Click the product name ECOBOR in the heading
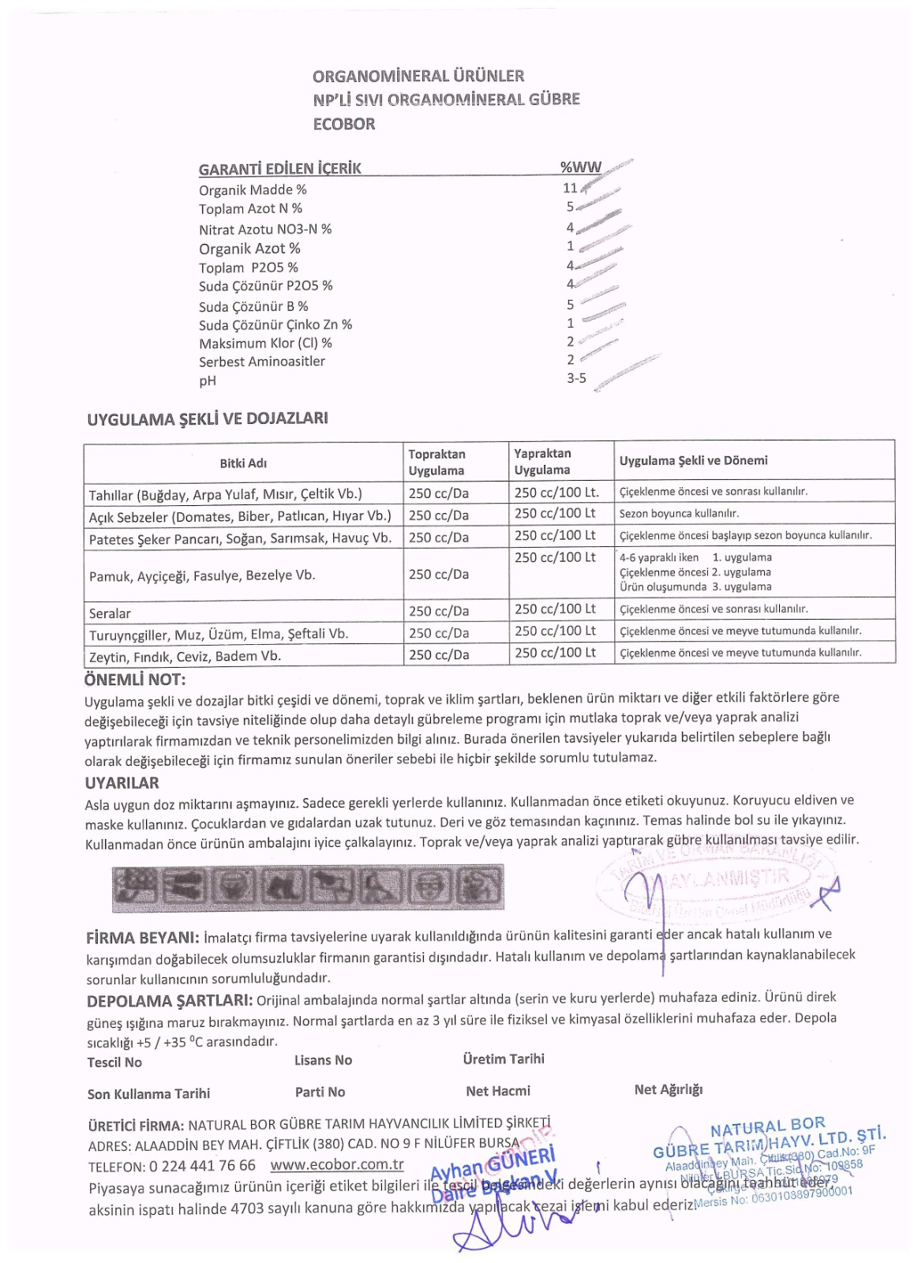(343, 124)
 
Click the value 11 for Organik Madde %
(570, 188)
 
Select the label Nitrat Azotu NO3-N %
(265, 229)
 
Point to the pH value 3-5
(576, 378)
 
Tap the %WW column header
(580, 167)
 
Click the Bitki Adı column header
(243, 463)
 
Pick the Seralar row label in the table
(110, 613)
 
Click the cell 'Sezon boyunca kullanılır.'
(679, 514)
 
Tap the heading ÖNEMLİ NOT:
(135, 680)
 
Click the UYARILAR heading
(122, 783)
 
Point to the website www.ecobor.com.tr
(337, 1164)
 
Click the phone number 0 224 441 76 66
(202, 1166)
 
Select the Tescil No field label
(114, 1062)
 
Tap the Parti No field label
(320, 1092)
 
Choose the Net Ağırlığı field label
(668, 1090)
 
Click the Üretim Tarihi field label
(504, 1059)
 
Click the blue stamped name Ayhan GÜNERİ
(493, 1163)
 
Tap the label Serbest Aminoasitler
(262, 362)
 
